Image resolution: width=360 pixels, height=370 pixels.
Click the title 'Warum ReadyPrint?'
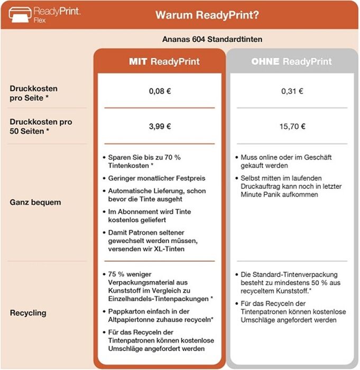click(x=207, y=15)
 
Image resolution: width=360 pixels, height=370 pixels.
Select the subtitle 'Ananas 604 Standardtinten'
click(x=213, y=39)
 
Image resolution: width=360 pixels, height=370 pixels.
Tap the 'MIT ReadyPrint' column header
click(x=164, y=61)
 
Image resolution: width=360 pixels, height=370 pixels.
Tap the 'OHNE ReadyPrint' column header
click(x=291, y=61)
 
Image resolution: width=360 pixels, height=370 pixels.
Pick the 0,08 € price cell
click(x=159, y=90)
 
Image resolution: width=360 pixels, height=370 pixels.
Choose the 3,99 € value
click(x=159, y=126)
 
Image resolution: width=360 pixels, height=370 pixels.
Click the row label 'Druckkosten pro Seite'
click(x=34, y=93)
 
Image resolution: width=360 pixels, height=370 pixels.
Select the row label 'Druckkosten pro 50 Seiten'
click(x=40, y=126)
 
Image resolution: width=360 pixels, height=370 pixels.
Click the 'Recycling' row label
click(x=28, y=313)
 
